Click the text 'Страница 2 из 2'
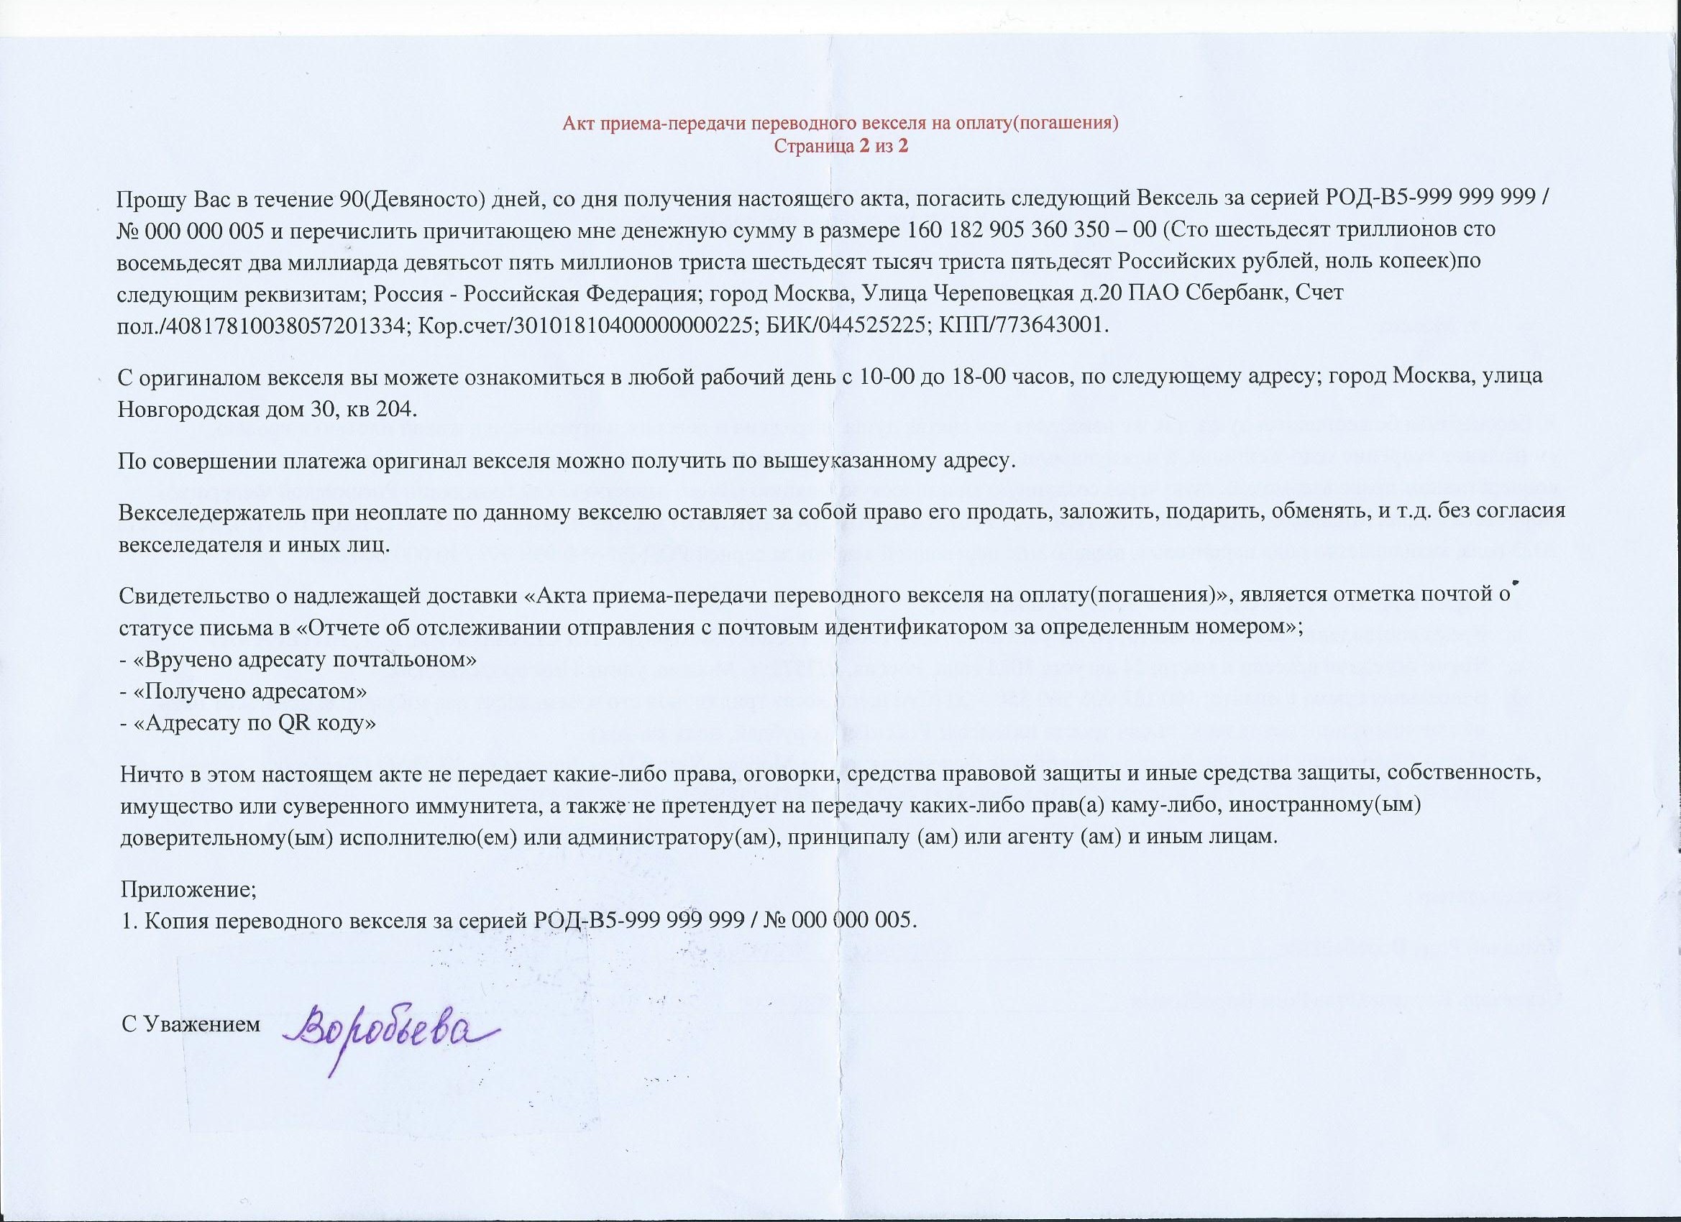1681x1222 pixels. (840, 146)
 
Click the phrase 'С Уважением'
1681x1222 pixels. (191, 1024)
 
